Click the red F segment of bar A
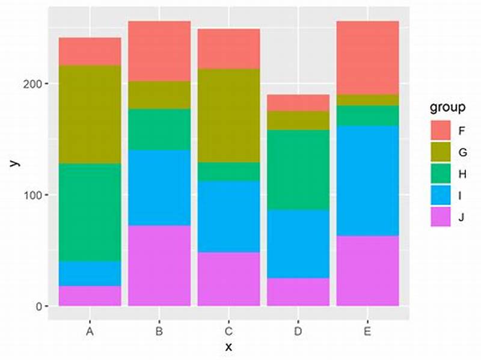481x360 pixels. coord(90,51)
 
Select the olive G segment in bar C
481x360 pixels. coord(229,115)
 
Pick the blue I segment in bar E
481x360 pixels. coord(367,180)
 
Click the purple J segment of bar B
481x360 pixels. coord(159,265)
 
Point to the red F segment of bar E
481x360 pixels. coord(367,58)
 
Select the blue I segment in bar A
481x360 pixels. coord(90,273)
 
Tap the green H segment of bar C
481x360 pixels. coord(229,171)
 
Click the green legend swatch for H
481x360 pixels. coord(441,174)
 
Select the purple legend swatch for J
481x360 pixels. coord(441,217)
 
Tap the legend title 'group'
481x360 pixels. coord(447,108)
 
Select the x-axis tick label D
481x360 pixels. coord(299,331)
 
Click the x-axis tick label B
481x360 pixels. coord(159,331)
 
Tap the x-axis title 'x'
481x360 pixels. coord(228,347)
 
